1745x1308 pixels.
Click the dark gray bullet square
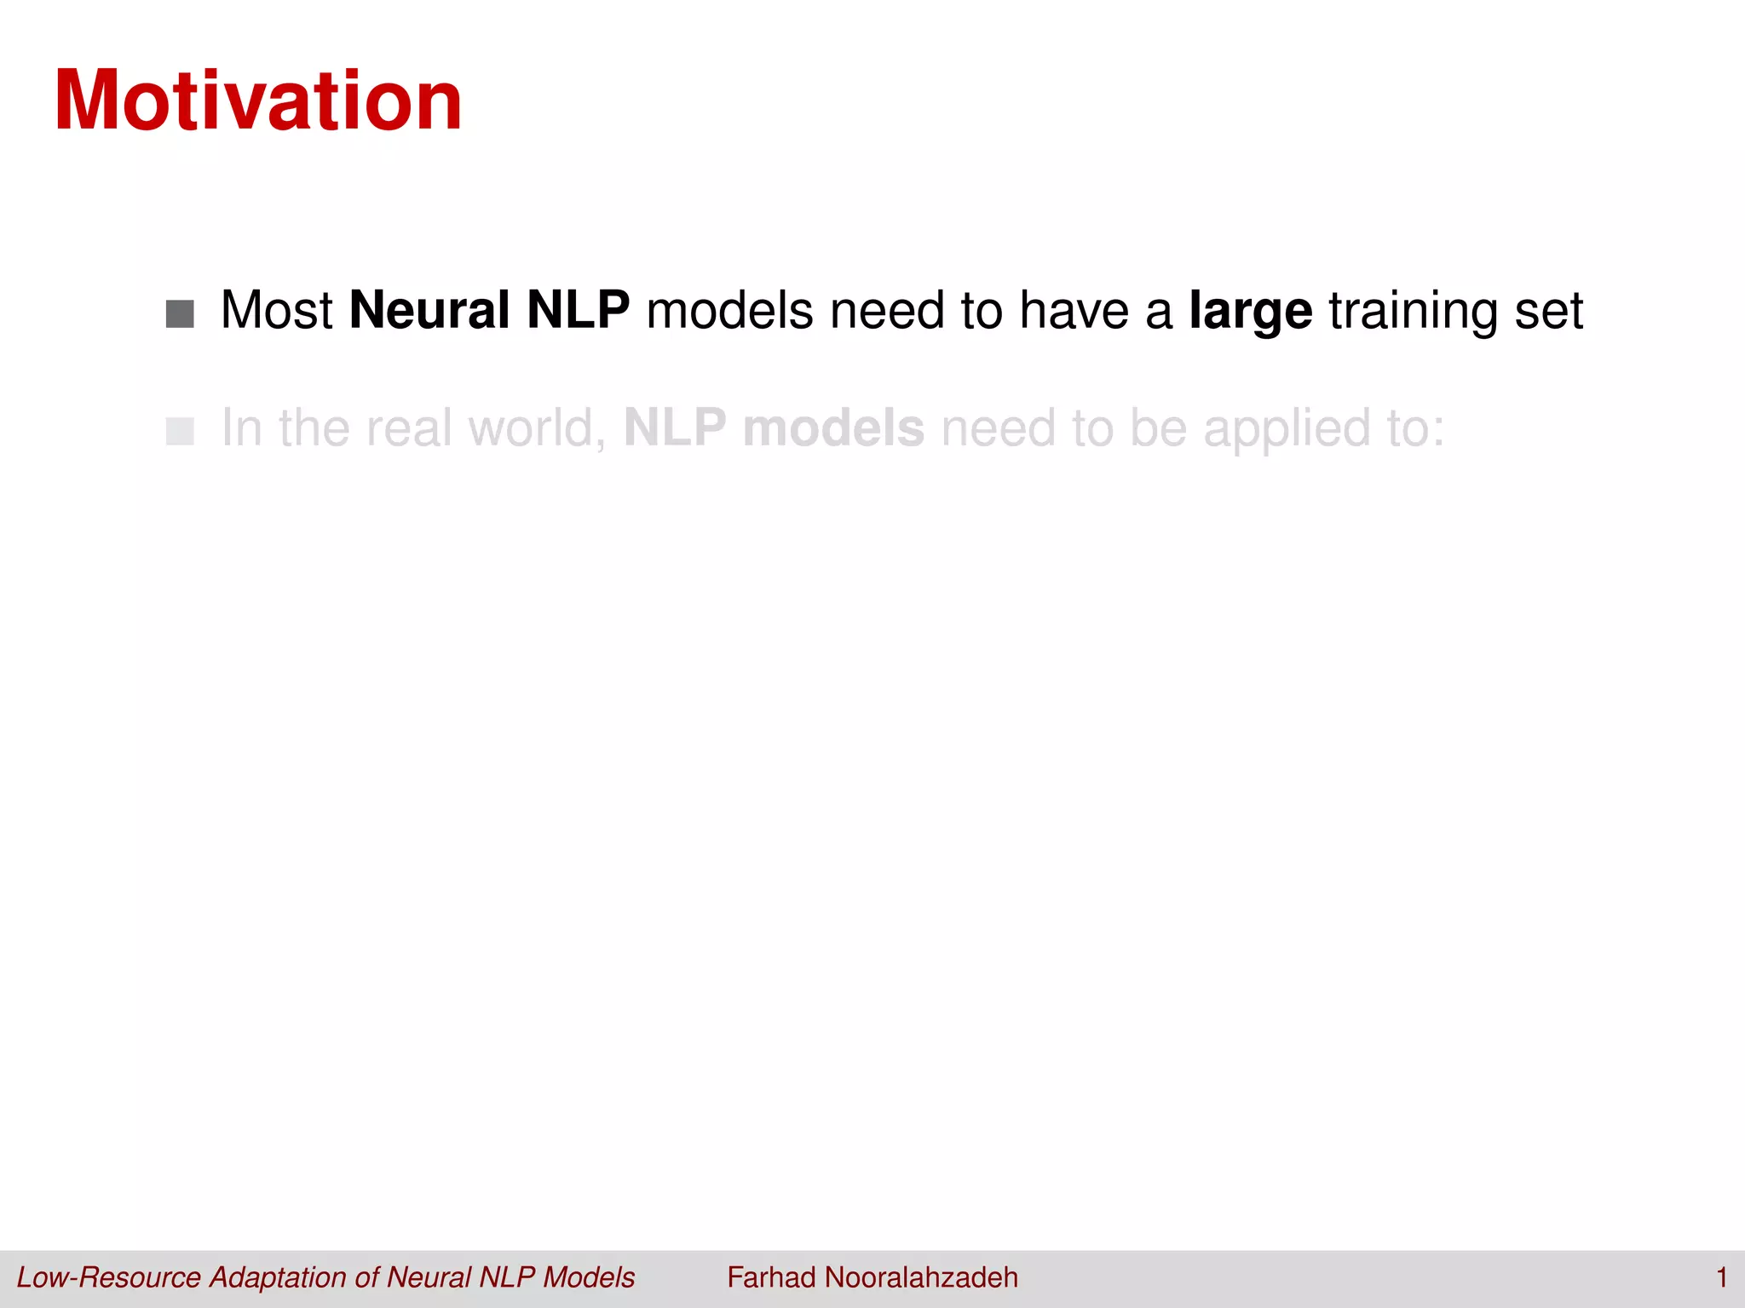coord(180,313)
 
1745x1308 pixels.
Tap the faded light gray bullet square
coord(180,431)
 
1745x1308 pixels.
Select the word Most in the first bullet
coord(276,310)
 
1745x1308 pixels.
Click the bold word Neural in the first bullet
coord(429,310)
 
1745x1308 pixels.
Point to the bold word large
coord(1250,312)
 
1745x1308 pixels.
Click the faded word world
coord(537,427)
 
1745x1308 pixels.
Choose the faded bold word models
coord(833,427)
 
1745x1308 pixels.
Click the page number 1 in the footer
coord(1721,1277)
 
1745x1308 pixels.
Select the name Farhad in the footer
coord(771,1277)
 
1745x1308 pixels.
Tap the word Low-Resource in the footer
coord(109,1277)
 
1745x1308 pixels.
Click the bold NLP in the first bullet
coord(579,310)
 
